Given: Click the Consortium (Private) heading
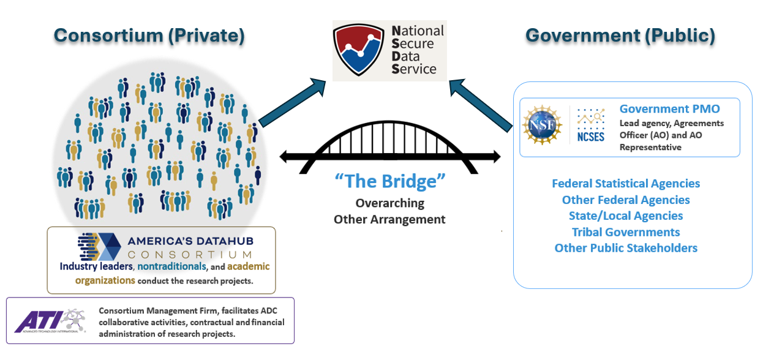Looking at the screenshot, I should (149, 36).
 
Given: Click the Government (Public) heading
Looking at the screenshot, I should (620, 36).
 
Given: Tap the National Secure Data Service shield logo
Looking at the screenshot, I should (358, 50).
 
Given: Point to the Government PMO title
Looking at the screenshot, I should (669, 109).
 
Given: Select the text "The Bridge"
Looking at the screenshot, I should (389, 181).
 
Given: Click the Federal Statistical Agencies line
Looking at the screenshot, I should (625, 184).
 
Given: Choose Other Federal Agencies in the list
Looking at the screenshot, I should (625, 200).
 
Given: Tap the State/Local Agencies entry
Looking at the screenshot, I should (625, 216).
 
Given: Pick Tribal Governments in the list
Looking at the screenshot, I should (625, 232).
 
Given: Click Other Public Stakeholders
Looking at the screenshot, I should (625, 248).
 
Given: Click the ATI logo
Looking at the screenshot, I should (50, 321).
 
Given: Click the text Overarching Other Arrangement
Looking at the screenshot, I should (389, 211).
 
